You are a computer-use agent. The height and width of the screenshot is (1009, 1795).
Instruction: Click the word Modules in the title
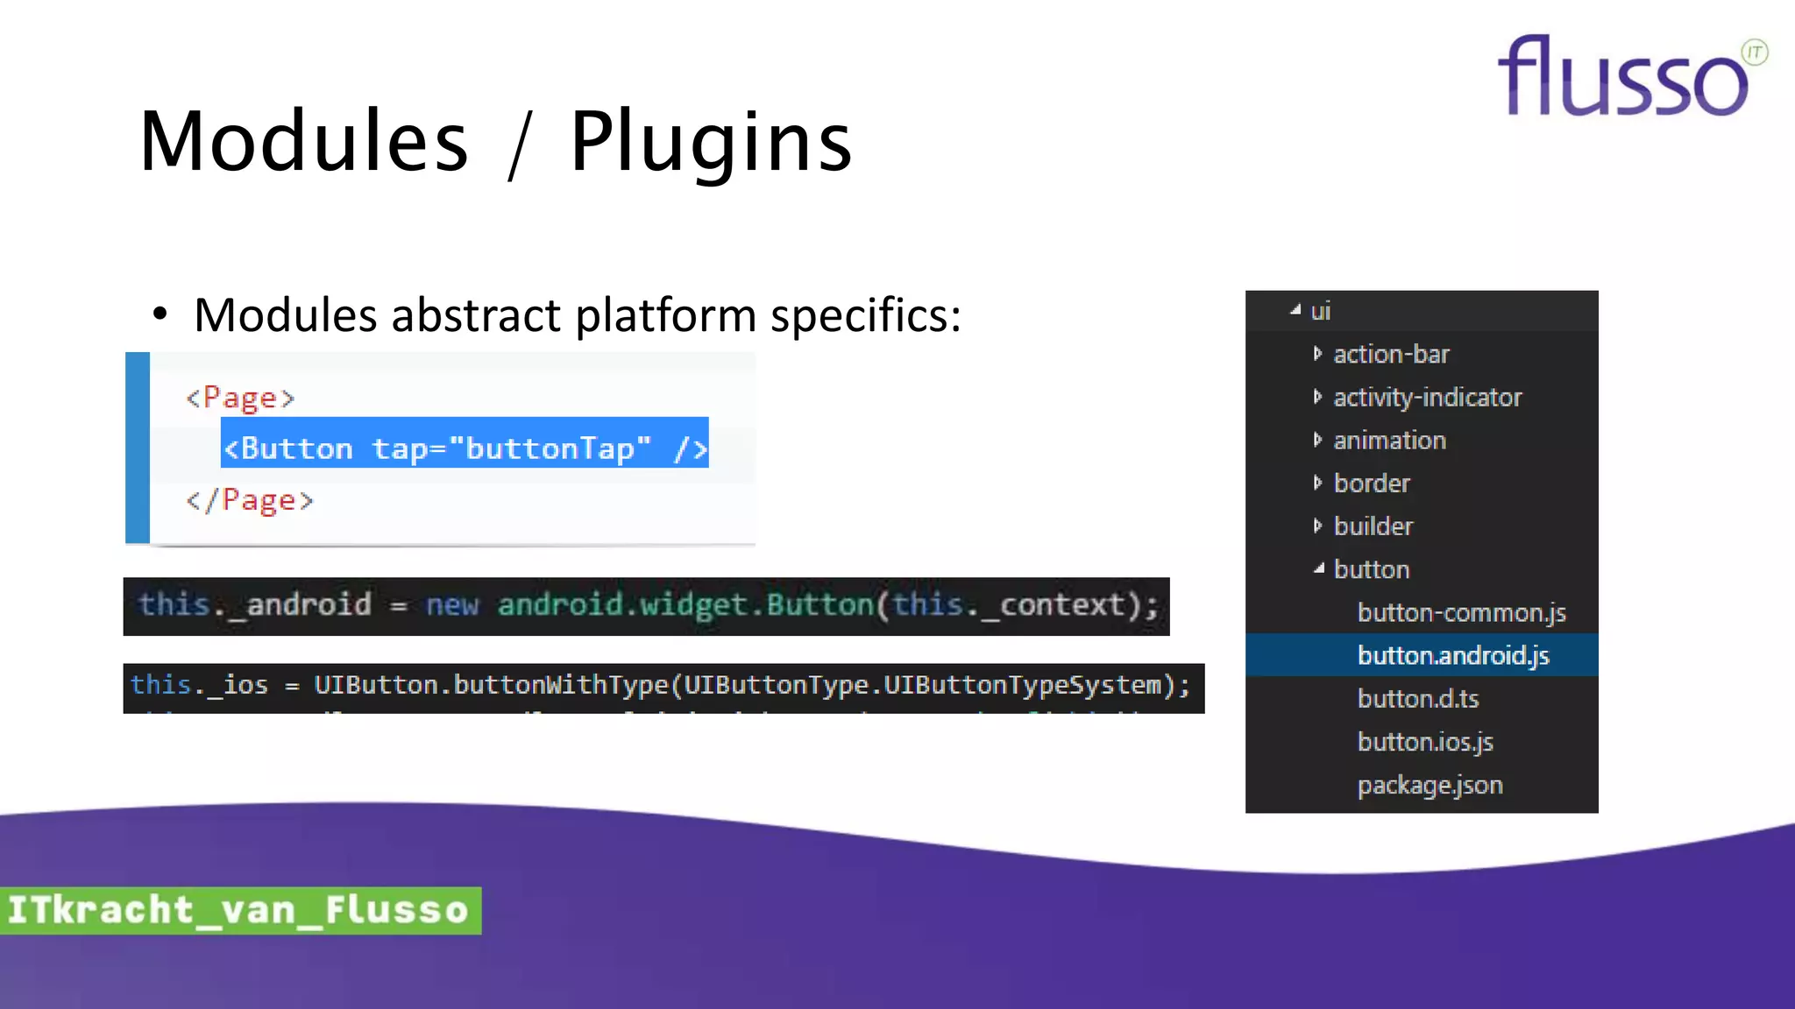point(304,142)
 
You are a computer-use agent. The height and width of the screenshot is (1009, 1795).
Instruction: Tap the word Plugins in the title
point(710,142)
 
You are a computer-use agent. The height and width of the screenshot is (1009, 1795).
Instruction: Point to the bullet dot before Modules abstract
point(160,314)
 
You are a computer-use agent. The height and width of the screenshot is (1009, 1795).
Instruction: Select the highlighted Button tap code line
point(465,448)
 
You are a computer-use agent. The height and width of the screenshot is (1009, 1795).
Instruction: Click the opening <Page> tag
point(240,398)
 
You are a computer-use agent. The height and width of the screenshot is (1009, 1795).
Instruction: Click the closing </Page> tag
point(250,500)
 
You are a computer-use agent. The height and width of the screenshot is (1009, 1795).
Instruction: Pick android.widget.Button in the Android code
point(685,605)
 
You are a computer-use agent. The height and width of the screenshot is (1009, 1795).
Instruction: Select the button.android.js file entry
point(1452,655)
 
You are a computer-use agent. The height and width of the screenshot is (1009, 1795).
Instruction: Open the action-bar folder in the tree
point(1390,354)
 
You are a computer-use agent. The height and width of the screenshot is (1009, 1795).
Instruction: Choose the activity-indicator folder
point(1427,397)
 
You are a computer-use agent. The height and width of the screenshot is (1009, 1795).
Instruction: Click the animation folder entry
point(1389,440)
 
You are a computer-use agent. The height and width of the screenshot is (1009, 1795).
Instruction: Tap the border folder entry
point(1372,483)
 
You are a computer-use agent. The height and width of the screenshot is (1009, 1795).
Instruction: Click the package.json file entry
point(1430,785)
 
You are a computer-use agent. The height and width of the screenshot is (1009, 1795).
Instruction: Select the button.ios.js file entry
point(1424,742)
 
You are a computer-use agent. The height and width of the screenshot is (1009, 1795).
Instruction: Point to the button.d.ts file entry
point(1417,698)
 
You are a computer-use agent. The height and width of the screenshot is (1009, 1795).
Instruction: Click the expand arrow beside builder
point(1317,526)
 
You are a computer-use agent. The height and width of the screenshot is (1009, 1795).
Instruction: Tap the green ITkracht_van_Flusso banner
point(239,910)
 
